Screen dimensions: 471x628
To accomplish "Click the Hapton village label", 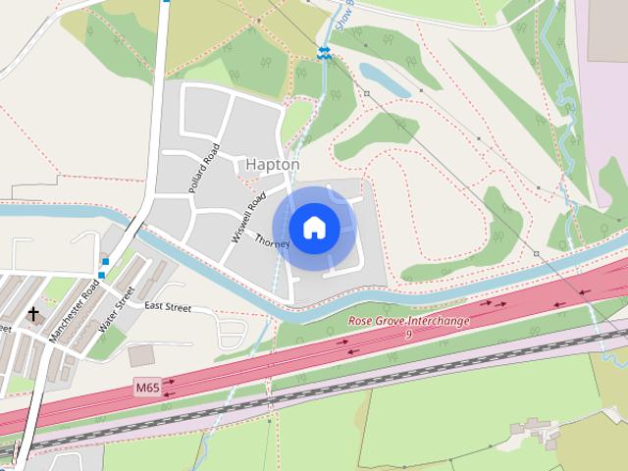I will coord(273,165).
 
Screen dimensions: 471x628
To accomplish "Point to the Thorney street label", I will coord(272,240).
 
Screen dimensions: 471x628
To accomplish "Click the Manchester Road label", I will coord(76,311).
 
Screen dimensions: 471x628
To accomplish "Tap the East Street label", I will coord(167,307).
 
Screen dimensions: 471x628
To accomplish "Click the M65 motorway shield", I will coord(147,388).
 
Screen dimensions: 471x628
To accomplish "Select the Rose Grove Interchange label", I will coord(408,322).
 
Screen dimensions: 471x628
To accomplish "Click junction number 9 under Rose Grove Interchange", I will coord(407,336).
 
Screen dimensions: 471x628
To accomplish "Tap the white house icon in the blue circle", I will coord(314,229).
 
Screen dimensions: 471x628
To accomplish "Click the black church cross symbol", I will coord(33,314).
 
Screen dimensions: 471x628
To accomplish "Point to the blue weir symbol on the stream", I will coord(323,52).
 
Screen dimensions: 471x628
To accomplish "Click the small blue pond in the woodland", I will coord(384,78).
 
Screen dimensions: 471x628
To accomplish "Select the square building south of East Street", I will coord(141,354).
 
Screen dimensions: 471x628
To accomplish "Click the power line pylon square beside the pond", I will coord(365,94).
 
